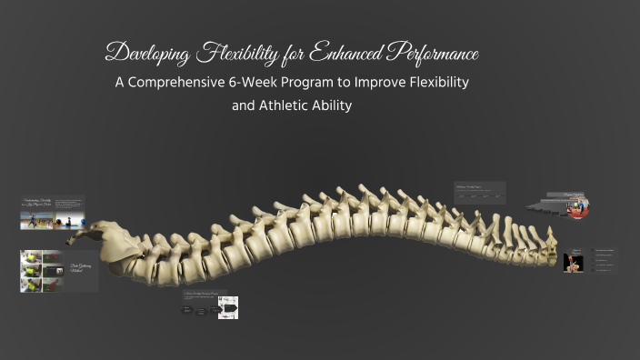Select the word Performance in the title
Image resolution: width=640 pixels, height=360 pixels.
[433, 53]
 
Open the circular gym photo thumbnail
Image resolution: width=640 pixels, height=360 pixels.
[575, 209]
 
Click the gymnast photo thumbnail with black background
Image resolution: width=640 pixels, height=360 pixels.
[574, 263]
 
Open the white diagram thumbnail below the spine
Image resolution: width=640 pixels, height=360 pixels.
[227, 308]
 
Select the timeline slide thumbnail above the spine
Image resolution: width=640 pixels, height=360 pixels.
[480, 193]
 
